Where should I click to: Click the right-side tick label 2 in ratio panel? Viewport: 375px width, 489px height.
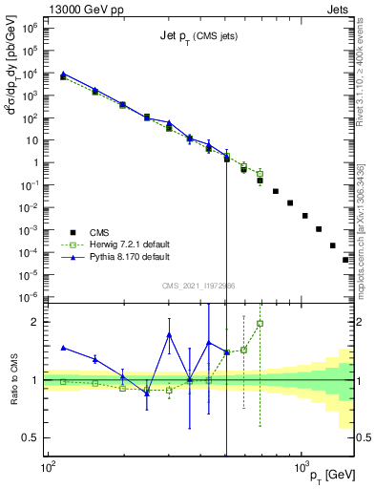[x=364, y=322]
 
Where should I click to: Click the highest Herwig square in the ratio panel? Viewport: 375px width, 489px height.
[x=260, y=323]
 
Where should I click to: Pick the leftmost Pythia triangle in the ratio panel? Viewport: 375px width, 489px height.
[x=63, y=348]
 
